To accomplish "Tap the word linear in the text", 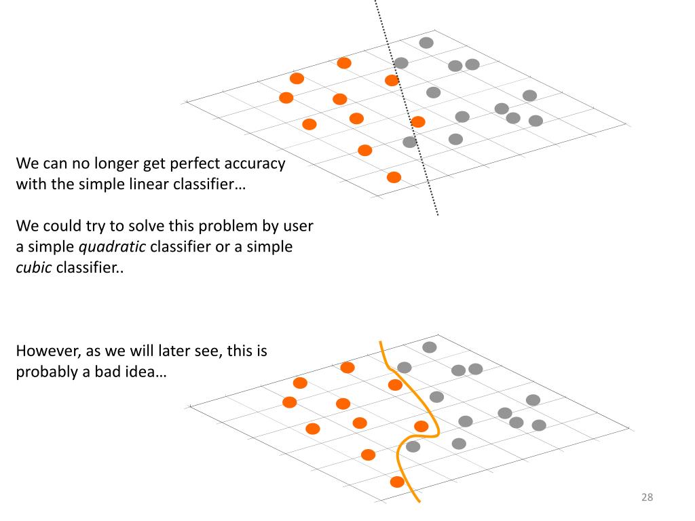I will pyautogui.click(x=151, y=184).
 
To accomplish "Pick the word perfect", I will pyautogui.click(x=170, y=163).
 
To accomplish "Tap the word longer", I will pyautogui.click(x=92, y=163).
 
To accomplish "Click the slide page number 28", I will pyautogui.click(x=647, y=497).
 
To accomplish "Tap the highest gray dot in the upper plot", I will pyautogui.click(x=426, y=43).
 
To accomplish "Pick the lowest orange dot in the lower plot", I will pyautogui.click(x=398, y=482).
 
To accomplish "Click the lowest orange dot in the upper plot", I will pyautogui.click(x=394, y=177).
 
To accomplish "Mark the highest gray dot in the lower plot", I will pyautogui.click(x=430, y=347).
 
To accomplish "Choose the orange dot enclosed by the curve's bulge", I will pyautogui.click(x=421, y=426).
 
